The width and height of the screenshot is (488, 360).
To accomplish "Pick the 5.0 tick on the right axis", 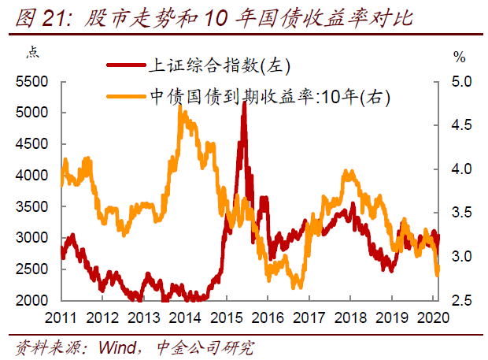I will [x=460, y=82].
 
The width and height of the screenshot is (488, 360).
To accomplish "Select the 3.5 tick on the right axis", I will [x=460, y=213].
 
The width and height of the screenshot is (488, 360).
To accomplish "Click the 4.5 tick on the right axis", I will [x=460, y=125].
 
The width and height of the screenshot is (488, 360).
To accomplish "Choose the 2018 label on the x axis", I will [x=350, y=317].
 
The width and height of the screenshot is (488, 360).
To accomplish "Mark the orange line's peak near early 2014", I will [x=183, y=112].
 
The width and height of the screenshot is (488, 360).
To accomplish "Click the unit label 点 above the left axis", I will [x=32, y=54].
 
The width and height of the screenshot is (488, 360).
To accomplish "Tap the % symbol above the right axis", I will [x=460, y=57].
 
